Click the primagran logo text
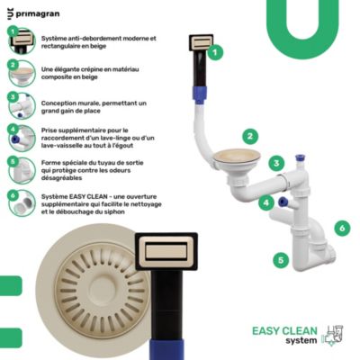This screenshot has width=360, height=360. point(38,13)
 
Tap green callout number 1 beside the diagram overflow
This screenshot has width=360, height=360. point(215,53)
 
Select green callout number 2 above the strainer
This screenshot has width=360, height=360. point(250,137)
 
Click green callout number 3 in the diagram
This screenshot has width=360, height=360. point(276,163)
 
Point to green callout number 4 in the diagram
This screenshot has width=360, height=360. point(266,202)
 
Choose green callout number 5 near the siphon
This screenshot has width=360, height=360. point(281,259)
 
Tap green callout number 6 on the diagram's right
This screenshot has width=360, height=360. point(342,229)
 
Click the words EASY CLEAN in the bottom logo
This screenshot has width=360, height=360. point(284,331)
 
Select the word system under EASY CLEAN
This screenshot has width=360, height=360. point(301,341)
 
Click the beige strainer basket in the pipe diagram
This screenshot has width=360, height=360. point(237,157)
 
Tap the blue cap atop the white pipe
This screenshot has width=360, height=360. point(300,157)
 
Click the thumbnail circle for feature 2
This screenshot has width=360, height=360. point(22,74)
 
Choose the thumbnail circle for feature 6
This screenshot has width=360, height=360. point(22,203)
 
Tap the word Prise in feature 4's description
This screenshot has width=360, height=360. point(49,130)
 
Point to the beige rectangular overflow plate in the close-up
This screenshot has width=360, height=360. point(166,251)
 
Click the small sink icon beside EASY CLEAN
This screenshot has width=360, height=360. point(332,336)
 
